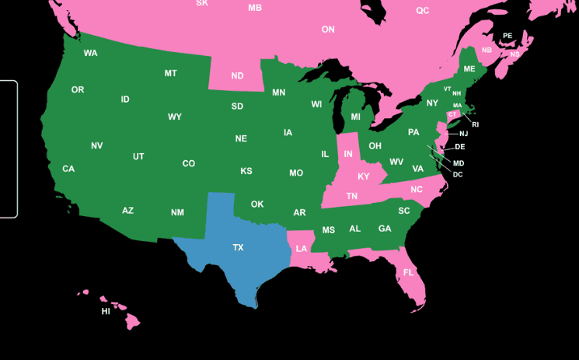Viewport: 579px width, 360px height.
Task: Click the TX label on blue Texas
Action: (x=238, y=247)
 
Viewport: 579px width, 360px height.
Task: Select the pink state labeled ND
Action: (x=237, y=76)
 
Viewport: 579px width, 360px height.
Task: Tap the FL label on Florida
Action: (x=408, y=273)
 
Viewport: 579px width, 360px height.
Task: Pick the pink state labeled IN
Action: (x=348, y=155)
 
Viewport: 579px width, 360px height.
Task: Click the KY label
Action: (x=364, y=177)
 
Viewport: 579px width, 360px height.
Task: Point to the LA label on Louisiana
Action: (x=301, y=249)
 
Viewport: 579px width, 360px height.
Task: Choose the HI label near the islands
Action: (x=106, y=312)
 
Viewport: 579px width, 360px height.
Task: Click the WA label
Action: (x=91, y=53)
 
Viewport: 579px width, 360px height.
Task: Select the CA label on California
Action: (x=68, y=169)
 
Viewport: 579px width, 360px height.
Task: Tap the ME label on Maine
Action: (x=469, y=69)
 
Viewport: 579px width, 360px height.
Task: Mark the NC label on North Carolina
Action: (x=417, y=190)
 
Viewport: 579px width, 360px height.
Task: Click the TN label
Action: (x=352, y=196)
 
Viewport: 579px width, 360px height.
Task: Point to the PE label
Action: (x=507, y=36)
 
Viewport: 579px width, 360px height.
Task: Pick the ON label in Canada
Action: (x=328, y=30)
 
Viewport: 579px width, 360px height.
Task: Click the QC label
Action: (x=422, y=11)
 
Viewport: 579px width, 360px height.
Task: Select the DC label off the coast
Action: (x=458, y=174)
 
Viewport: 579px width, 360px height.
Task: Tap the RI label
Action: (x=475, y=124)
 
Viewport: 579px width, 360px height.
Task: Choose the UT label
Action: (x=138, y=156)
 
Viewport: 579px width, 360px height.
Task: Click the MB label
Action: (x=255, y=8)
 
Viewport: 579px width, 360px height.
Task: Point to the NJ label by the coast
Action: (x=464, y=134)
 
